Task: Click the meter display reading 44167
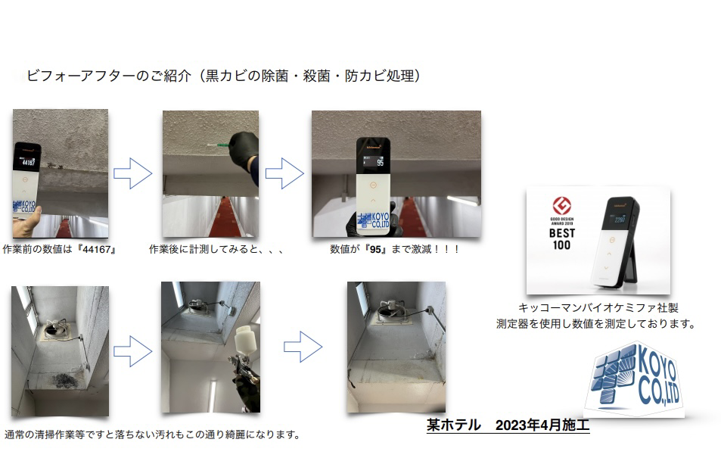click(x=27, y=162)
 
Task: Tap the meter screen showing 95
click(x=374, y=161)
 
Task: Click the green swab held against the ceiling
click(x=219, y=145)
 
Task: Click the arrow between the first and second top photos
click(x=133, y=173)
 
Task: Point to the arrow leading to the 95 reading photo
click(x=284, y=173)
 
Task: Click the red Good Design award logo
click(x=562, y=206)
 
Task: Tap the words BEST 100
click(x=562, y=238)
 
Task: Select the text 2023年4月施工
click(x=542, y=425)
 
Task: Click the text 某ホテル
click(x=454, y=425)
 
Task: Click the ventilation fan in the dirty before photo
click(x=57, y=329)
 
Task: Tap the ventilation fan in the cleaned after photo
click(x=392, y=312)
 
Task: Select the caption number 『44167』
click(x=97, y=249)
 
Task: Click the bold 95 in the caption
click(x=376, y=249)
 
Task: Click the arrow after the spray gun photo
click(x=303, y=347)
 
